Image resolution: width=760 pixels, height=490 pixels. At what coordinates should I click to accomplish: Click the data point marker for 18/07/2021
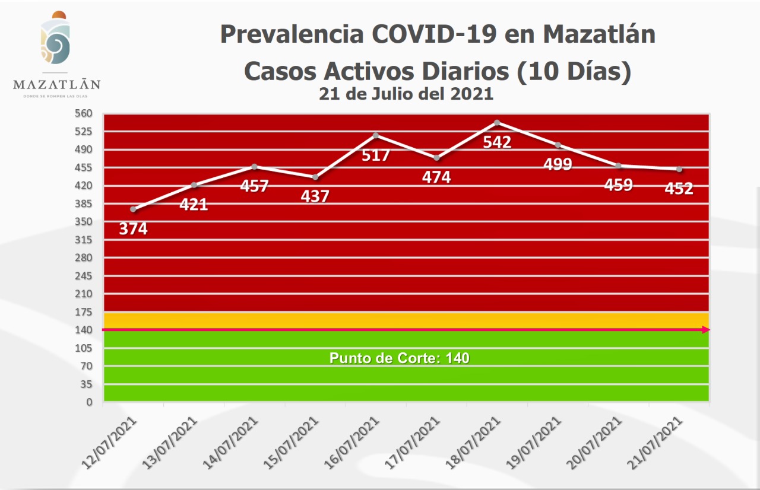point(497,123)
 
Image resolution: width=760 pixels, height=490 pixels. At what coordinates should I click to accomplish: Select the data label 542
point(497,142)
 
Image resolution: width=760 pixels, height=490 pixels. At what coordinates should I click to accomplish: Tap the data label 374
point(133,228)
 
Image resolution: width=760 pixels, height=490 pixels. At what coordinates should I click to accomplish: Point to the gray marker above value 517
point(375,135)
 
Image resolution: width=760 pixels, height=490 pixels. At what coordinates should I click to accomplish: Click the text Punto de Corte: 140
point(399,358)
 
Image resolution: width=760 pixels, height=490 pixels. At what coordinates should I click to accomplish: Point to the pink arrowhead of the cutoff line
point(706,330)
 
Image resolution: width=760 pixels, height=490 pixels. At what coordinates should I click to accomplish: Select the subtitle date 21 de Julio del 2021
point(406,94)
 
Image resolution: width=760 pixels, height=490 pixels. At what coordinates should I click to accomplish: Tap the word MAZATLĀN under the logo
point(56,84)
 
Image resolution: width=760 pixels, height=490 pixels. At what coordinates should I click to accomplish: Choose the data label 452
point(679,189)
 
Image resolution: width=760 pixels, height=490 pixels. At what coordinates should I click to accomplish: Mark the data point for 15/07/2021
point(315,177)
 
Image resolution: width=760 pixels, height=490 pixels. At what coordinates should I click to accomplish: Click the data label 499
point(558,164)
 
